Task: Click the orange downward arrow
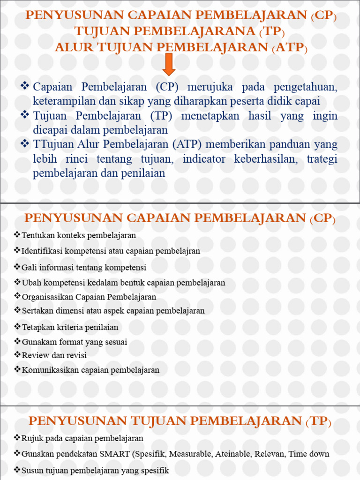click(169, 64)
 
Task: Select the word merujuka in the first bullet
click(209, 87)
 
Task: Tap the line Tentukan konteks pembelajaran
click(79, 235)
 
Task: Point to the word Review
click(35, 355)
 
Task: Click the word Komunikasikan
click(51, 370)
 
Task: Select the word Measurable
click(190, 454)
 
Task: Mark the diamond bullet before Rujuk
click(18, 438)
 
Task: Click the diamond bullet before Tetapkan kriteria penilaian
click(18, 327)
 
